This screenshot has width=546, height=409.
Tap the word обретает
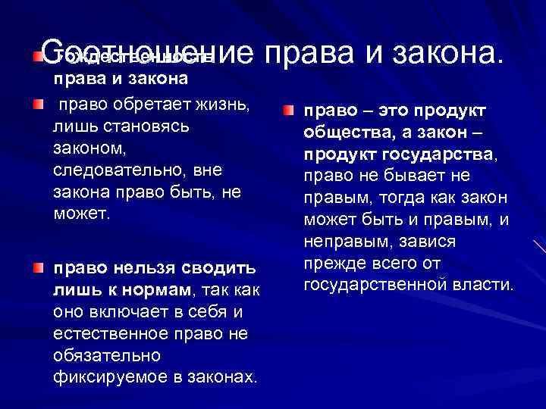tap(142, 105)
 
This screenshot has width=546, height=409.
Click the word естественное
tap(111, 333)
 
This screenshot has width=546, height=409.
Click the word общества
tap(344, 133)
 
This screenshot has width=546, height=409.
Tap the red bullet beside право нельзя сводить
tap(39, 267)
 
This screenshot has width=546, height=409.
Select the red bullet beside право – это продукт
tap(289, 111)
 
